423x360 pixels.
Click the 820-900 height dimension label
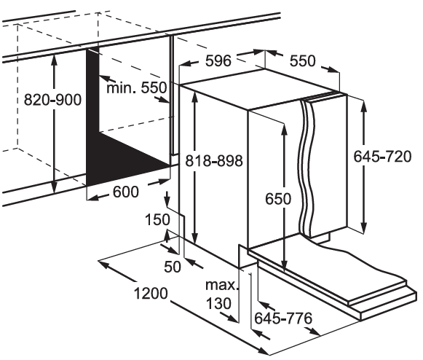52,100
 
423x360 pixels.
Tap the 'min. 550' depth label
137,87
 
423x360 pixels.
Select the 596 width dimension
218,60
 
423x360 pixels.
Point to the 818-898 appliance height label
214,161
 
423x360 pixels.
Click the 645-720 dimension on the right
382,157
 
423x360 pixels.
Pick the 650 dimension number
278,199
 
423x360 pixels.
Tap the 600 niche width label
126,192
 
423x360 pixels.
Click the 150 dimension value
157,219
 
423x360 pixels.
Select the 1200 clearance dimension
151,294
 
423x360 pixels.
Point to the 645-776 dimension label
283,318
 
